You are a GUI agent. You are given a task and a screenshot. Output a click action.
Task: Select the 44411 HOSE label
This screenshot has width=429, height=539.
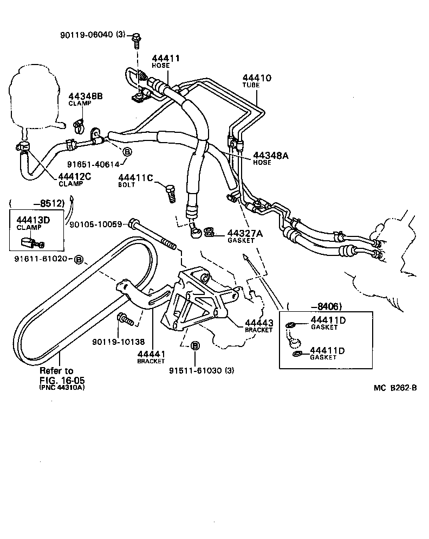[166, 61]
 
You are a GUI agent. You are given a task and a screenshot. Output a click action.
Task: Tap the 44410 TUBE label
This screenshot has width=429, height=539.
[257, 82]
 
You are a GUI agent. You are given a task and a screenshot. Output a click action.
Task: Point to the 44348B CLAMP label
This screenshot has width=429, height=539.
[85, 99]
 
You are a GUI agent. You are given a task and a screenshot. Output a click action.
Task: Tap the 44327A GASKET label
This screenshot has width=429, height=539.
[244, 236]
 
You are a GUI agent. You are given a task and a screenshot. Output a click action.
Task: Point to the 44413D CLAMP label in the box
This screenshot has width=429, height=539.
[33, 222]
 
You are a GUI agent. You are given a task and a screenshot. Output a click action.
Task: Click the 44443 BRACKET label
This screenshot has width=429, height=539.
[258, 325]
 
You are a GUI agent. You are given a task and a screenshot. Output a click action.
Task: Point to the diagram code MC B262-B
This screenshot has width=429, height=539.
[395, 388]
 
